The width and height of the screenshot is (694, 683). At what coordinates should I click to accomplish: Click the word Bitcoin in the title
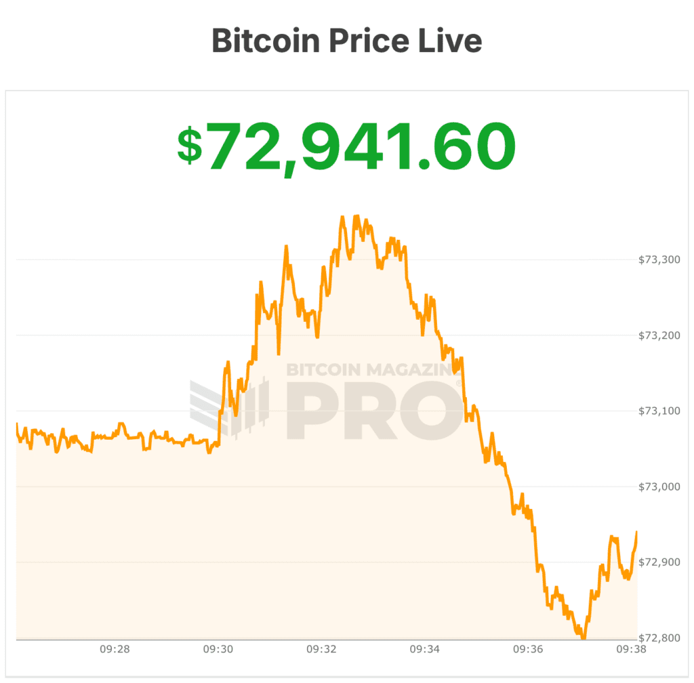(265, 41)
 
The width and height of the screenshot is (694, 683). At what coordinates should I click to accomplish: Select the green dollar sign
(189, 146)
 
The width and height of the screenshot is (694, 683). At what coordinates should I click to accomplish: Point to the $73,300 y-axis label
(659, 260)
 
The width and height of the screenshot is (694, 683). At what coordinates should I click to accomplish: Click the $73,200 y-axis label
(659, 335)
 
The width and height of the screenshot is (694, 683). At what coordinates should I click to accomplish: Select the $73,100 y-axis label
(659, 411)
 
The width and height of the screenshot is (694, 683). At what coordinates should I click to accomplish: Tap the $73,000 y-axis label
(659, 487)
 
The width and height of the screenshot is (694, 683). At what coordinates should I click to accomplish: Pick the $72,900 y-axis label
(659, 563)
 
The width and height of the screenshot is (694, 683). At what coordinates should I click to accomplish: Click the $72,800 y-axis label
(659, 638)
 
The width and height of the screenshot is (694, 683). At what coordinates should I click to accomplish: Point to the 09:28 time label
(115, 649)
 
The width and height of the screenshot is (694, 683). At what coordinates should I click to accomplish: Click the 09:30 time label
(218, 649)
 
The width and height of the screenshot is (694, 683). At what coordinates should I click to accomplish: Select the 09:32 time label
(321, 649)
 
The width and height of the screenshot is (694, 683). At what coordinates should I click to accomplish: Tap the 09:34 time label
(425, 649)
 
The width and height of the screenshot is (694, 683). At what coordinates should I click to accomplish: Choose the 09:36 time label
(528, 649)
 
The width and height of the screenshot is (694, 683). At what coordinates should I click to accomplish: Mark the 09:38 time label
(631, 649)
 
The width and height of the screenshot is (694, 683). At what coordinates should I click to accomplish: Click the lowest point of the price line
(583, 638)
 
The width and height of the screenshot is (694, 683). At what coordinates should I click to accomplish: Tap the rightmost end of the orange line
(637, 533)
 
